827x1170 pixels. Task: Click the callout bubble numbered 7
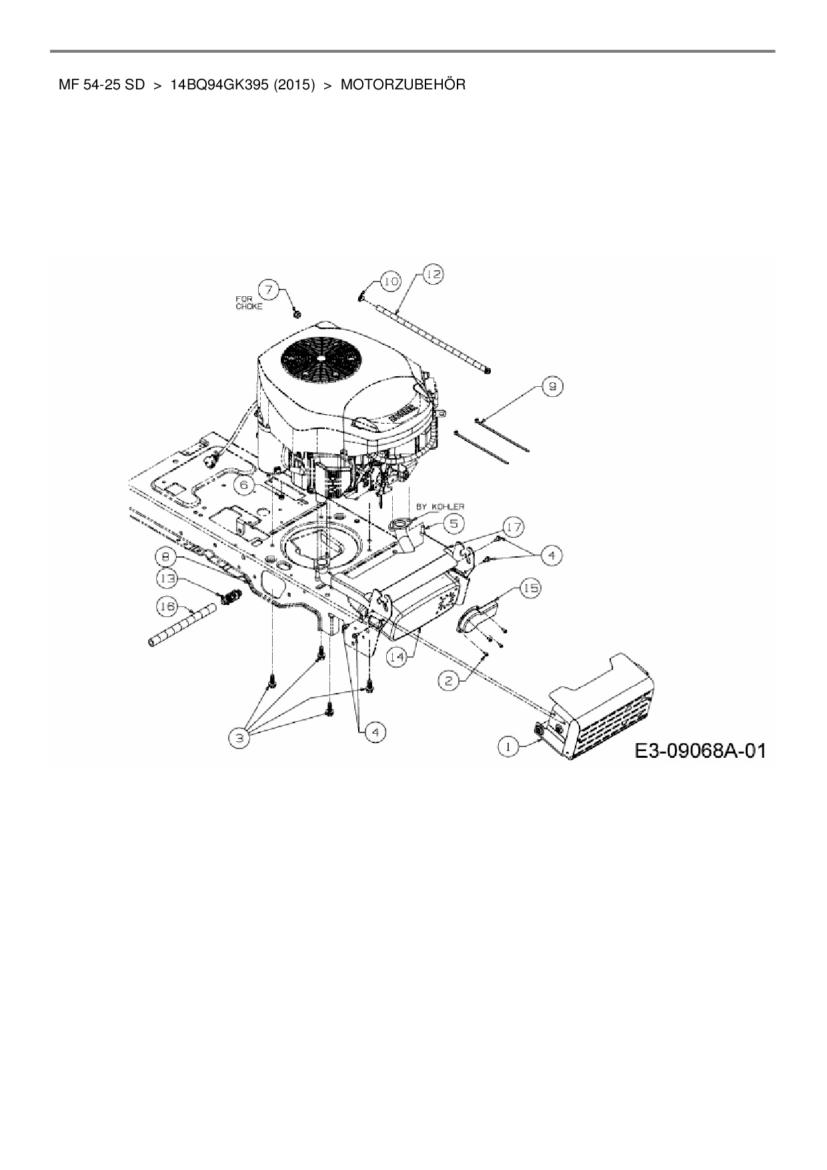[269, 289]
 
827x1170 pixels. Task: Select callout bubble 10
[390, 282]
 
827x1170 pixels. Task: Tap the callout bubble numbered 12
[433, 274]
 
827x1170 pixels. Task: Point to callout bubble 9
[553, 386]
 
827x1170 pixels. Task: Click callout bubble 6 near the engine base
[245, 486]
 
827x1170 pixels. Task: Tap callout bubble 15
[531, 588]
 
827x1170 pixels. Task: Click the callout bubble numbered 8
[165, 556]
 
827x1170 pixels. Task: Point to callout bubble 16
[167, 606]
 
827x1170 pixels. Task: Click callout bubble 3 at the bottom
[239, 737]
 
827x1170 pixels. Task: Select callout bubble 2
[448, 680]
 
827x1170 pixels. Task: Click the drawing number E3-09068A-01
[700, 752]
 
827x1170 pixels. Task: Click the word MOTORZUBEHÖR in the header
[403, 85]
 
